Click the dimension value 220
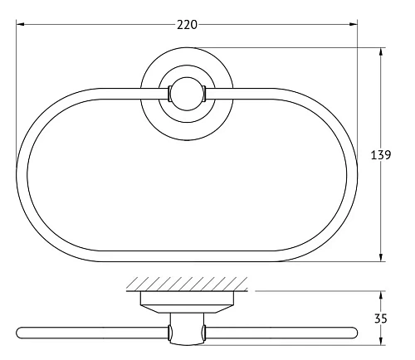click(x=188, y=24)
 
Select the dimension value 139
click(x=381, y=154)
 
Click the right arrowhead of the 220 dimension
click(x=354, y=25)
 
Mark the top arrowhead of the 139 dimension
click(x=381, y=52)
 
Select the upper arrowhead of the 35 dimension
click(x=381, y=294)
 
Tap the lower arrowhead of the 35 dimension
click(x=381, y=340)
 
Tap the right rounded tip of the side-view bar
click(x=355, y=333)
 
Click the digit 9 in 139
click(x=388, y=154)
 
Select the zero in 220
click(x=194, y=24)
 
